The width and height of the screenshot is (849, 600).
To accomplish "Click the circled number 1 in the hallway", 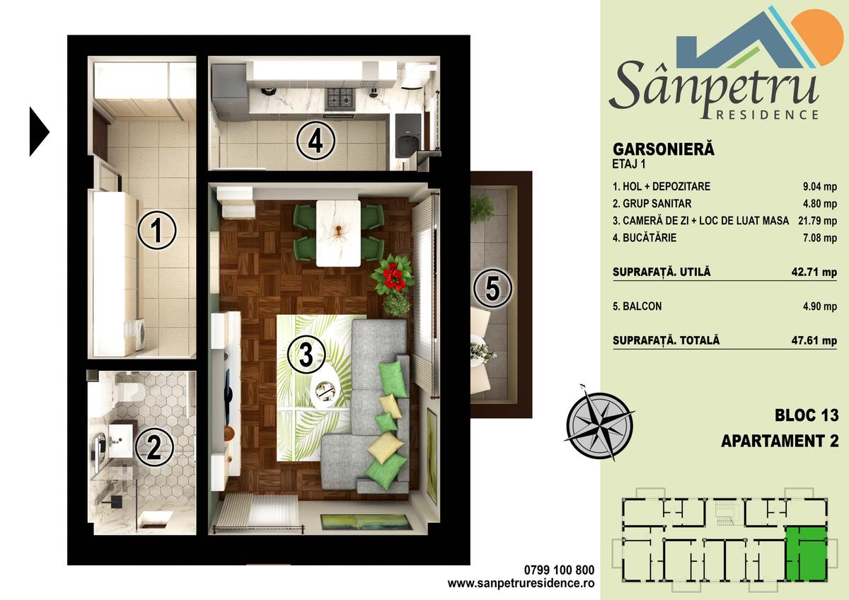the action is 156,230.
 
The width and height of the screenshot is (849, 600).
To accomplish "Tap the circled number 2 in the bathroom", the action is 154,447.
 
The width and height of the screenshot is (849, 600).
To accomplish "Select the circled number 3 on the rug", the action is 306,354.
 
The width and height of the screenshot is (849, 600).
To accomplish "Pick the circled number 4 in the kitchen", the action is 316,141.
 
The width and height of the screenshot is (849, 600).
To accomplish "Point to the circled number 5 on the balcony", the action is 492,289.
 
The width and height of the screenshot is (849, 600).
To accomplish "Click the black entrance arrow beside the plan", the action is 40,132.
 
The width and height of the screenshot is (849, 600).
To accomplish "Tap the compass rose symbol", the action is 599,424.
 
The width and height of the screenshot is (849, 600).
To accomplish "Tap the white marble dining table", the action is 338,233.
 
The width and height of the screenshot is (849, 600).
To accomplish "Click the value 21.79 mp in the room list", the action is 817,221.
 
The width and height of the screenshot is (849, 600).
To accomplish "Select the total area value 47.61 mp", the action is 814,340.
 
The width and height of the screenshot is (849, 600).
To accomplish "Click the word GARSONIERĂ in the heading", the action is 664,149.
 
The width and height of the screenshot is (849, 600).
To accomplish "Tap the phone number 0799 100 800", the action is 559,570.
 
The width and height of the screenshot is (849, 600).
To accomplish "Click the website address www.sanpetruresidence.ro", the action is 521,583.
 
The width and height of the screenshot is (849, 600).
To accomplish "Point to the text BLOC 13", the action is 807,415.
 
